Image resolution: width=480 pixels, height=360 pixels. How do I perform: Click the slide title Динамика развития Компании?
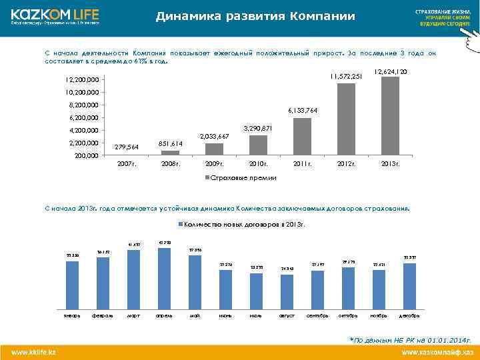(255, 17)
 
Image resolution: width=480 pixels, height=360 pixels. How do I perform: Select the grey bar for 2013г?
(391, 115)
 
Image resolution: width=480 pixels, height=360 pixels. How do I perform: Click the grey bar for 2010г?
(258, 145)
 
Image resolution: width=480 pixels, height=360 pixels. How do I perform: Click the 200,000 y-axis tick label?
(85, 156)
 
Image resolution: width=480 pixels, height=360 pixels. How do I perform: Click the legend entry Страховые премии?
(239, 178)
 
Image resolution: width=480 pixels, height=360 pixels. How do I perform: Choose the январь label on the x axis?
(72, 315)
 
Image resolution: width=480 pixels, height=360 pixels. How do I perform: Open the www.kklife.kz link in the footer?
(33, 351)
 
